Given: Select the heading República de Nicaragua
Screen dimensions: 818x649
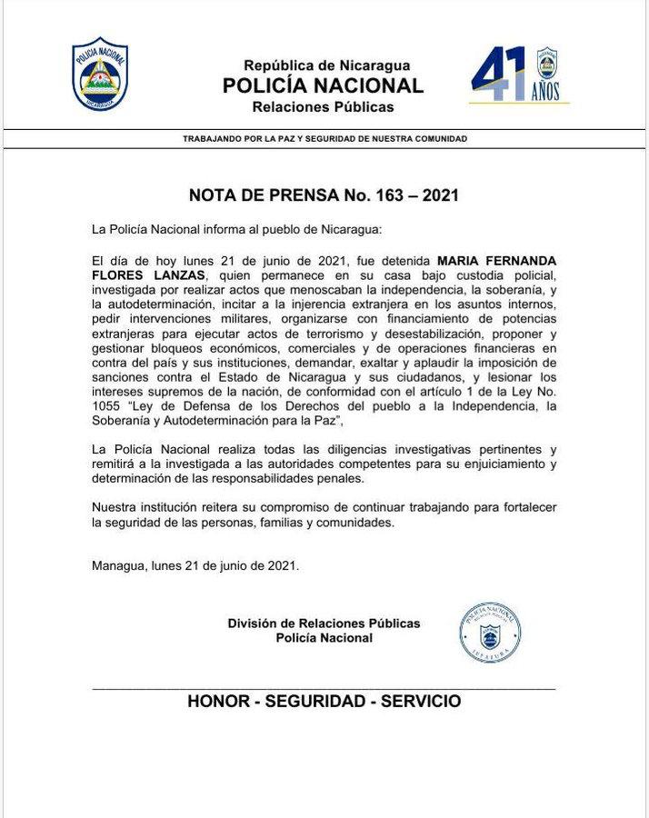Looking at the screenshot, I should (326, 65).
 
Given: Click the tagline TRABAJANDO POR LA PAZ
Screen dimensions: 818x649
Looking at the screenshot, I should (324, 139).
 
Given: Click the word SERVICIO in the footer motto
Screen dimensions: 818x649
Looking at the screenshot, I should (421, 702).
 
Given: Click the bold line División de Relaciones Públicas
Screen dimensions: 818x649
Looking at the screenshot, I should (324, 623).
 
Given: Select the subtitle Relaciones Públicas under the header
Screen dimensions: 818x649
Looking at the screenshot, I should (324, 107).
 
